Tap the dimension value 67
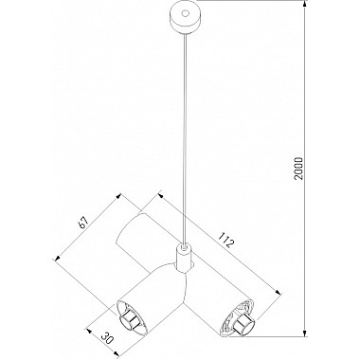(85, 224)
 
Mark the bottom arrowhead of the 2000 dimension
(305, 334)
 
